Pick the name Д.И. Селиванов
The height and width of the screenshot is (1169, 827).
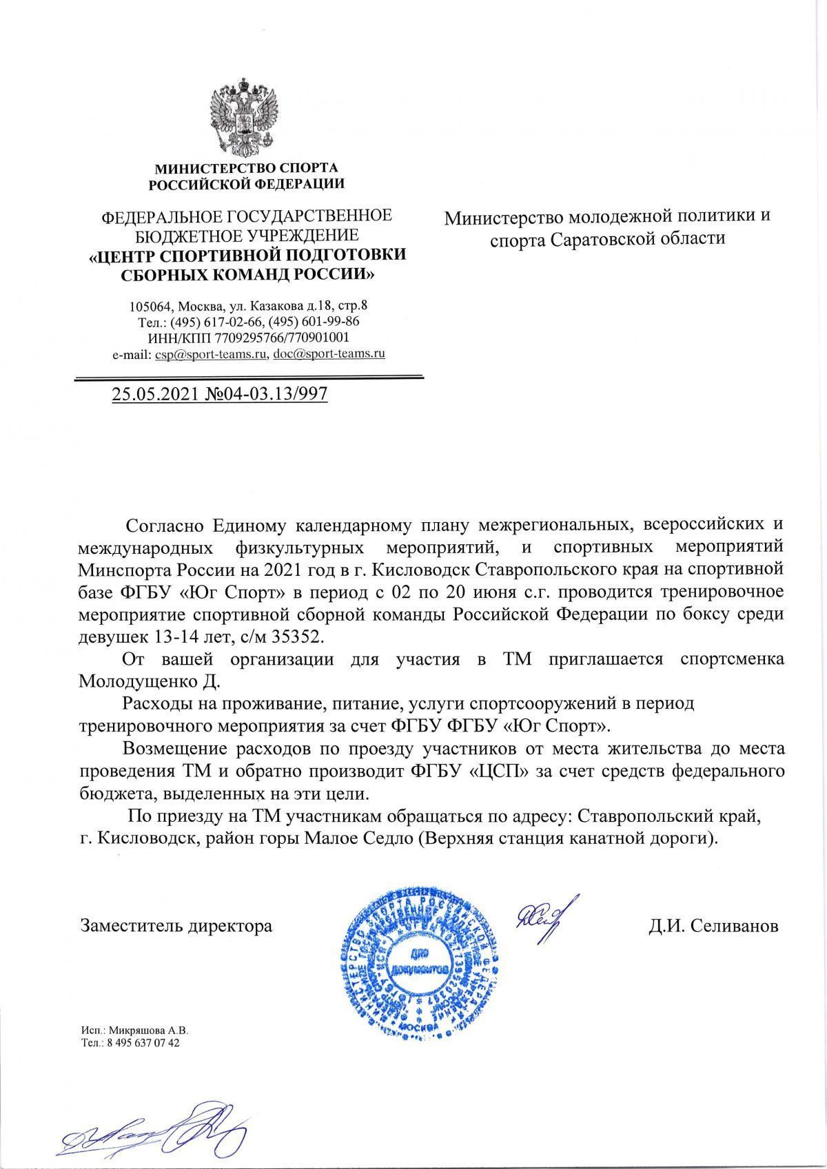(x=713, y=925)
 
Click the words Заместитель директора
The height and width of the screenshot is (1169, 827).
(x=176, y=925)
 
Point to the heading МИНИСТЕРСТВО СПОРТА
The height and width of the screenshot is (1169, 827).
(x=247, y=167)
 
